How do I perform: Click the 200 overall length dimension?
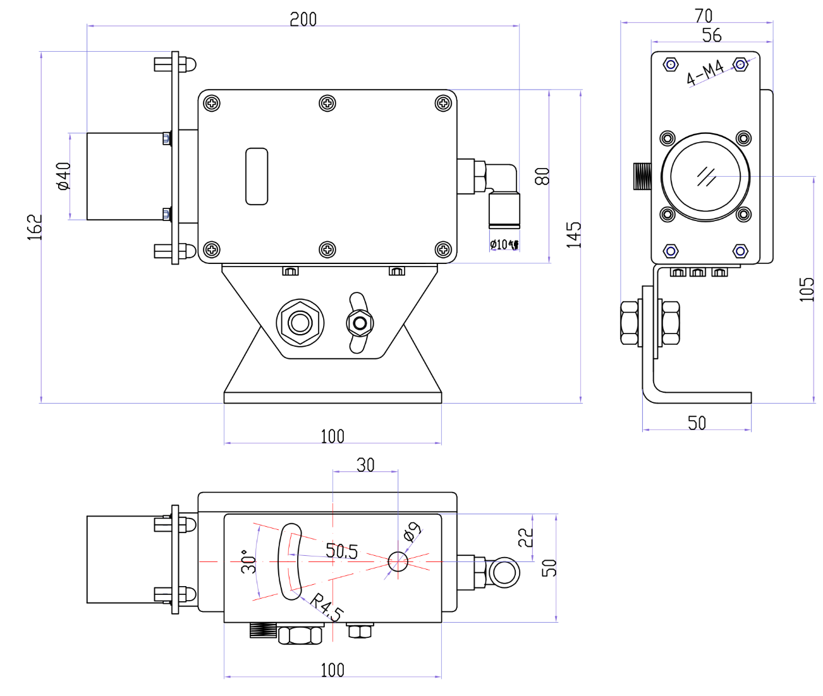click(303, 19)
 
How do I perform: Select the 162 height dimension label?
click(35, 227)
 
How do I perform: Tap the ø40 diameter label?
click(63, 176)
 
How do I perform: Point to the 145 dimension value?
click(573, 234)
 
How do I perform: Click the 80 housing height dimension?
click(542, 176)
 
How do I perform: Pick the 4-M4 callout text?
click(705, 73)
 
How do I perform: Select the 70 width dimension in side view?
click(703, 15)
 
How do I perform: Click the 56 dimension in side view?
click(711, 35)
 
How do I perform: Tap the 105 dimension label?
click(807, 289)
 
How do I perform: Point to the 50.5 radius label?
click(341, 551)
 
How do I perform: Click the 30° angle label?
click(249, 561)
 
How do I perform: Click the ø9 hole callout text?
click(412, 532)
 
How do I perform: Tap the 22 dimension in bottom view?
click(526, 537)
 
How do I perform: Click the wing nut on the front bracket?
click(360, 323)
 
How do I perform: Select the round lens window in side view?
click(705, 177)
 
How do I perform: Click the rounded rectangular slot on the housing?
click(257, 176)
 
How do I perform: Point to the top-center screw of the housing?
click(327, 103)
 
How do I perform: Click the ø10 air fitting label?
click(504, 244)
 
